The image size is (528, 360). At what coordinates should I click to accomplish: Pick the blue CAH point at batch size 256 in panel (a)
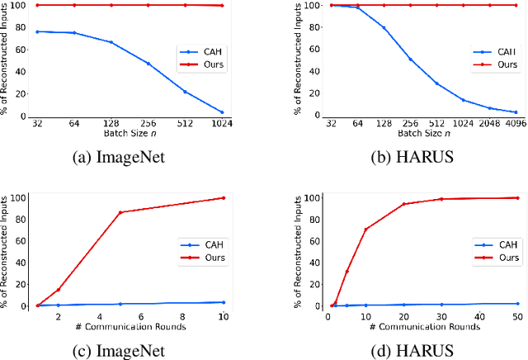[148, 64]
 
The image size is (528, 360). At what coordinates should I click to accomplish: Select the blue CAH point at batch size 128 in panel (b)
[384, 28]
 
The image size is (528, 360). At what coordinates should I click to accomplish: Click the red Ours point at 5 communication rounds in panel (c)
[120, 212]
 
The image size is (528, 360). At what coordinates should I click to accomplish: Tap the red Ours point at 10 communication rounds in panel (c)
[223, 197]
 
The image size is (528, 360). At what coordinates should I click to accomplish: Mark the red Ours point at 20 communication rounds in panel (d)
[404, 204]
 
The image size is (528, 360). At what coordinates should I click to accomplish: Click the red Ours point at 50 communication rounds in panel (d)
[516, 197]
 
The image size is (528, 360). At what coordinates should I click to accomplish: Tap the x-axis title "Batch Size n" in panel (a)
[129, 134]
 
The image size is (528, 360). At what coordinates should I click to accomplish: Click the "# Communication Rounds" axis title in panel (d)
[422, 326]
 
